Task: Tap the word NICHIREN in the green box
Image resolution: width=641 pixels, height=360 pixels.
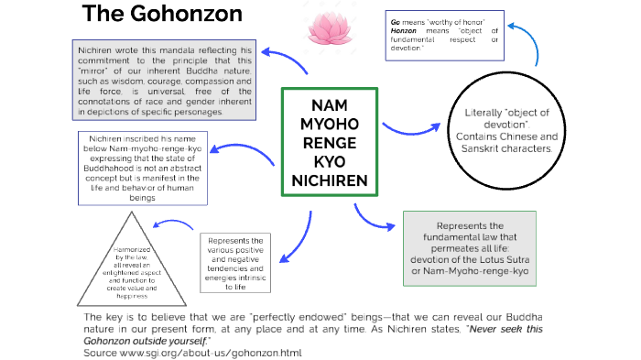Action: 329,180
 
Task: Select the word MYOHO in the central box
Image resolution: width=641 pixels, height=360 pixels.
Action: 329,123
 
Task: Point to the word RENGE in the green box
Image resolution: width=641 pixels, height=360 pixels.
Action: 329,142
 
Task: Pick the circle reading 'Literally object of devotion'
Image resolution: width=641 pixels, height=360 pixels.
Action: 509,128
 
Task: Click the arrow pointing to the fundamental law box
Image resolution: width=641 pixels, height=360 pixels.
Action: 370,216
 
